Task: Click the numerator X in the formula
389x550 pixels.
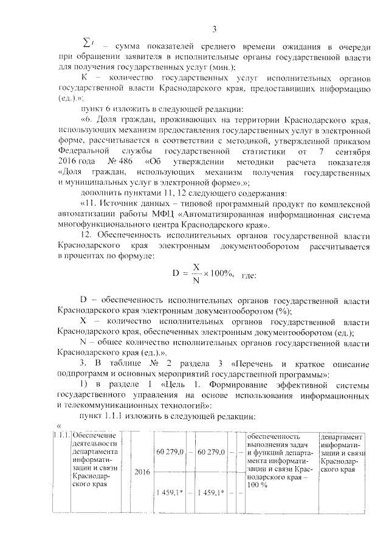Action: [196, 267]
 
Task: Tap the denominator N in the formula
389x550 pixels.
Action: [196, 280]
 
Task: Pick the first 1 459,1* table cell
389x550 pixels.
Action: [170, 492]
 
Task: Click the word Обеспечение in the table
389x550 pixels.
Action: [92, 436]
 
